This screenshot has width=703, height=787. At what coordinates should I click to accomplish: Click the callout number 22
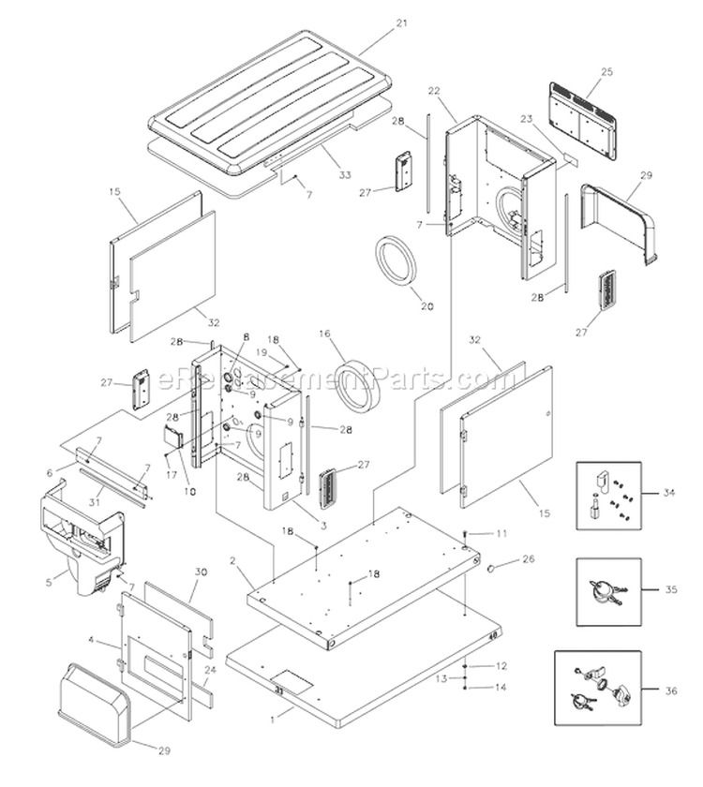tap(434, 90)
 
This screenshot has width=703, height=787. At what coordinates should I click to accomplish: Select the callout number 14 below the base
tap(501, 687)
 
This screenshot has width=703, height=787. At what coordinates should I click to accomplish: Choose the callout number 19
tap(262, 350)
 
